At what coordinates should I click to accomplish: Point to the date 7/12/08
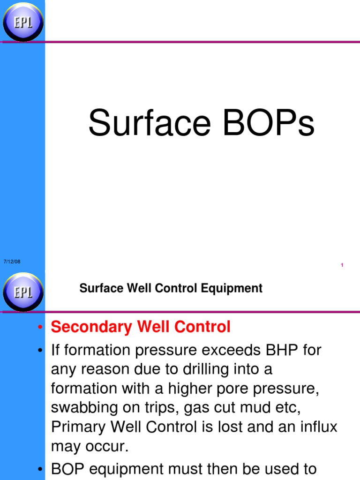pos(12,261)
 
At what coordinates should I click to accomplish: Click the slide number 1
pos(342,265)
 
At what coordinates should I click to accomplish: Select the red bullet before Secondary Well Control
pos(41,327)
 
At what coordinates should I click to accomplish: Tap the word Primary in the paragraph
pos(78,427)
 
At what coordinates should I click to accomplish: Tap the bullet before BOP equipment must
pos(41,469)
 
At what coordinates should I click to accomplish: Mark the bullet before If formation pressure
pos(41,351)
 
